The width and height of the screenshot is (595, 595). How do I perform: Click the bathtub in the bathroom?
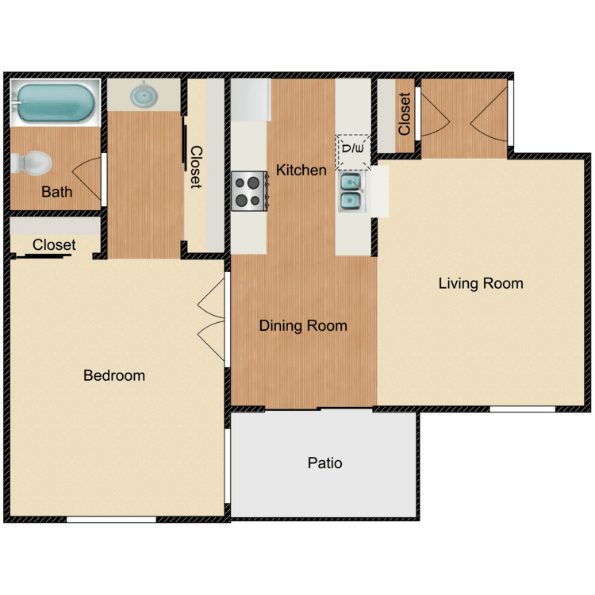[54, 102]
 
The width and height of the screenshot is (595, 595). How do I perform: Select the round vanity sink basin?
[144, 95]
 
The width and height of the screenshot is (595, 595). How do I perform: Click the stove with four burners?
[248, 191]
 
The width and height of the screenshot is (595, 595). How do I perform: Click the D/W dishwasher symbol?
[353, 148]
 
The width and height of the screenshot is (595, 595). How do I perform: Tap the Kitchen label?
[301, 170]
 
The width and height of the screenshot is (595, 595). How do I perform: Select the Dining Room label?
[303, 325]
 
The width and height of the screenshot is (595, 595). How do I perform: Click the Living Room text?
[481, 283]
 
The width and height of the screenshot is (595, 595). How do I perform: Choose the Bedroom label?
[114, 375]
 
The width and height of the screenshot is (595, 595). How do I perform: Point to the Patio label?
[325, 463]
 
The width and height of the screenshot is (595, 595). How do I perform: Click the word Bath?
[56, 191]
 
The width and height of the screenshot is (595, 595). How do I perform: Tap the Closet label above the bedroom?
[54, 245]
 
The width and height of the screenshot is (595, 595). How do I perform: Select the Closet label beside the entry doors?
[405, 114]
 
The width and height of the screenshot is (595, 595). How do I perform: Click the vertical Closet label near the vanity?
[195, 167]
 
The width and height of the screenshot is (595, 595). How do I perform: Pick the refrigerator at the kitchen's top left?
[250, 99]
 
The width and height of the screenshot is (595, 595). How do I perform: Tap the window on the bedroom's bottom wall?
[111, 520]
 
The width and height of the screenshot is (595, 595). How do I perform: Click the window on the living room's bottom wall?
[522, 409]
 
